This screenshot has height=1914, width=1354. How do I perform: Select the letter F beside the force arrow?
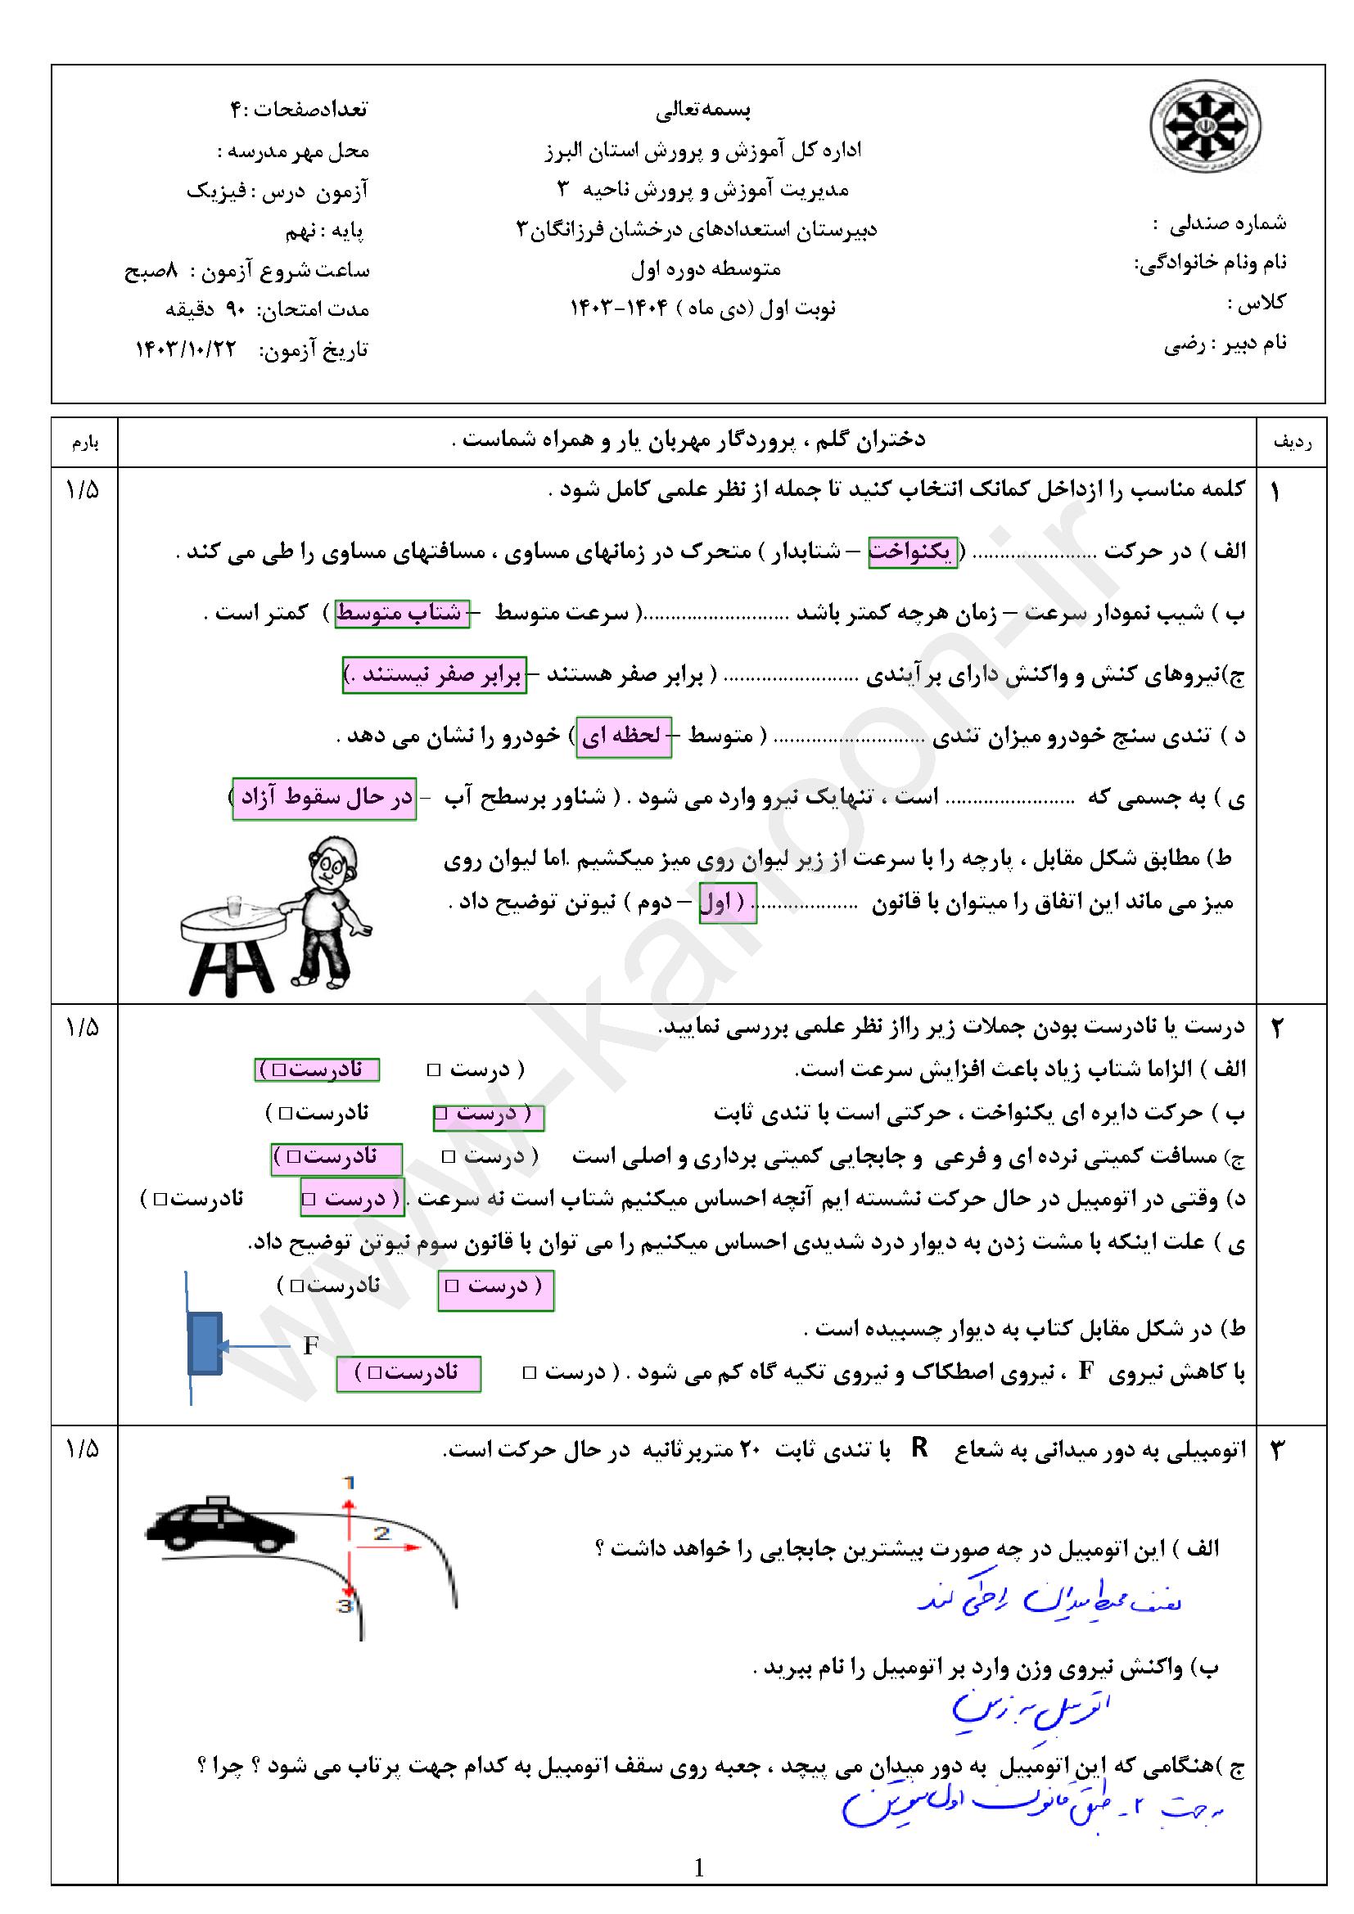click(x=310, y=1345)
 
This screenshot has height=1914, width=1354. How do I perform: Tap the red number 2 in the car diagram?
click(x=381, y=1533)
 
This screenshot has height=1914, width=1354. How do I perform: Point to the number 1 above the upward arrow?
click(x=349, y=1482)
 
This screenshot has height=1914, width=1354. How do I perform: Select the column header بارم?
click(x=84, y=443)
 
